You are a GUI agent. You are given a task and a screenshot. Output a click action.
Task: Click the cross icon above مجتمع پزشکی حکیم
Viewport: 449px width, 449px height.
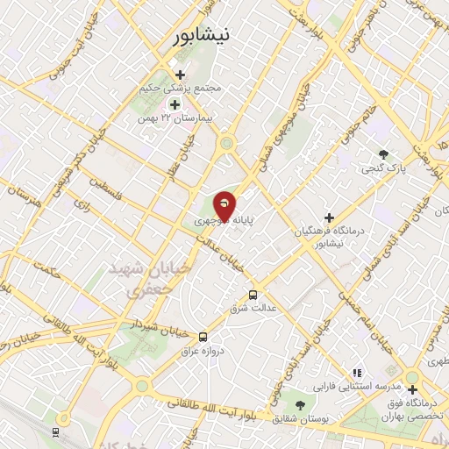(181, 75)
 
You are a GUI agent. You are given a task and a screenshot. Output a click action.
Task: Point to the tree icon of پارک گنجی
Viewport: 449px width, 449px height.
(383, 154)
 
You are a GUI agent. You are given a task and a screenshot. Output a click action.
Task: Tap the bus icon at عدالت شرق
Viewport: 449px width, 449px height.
(253, 295)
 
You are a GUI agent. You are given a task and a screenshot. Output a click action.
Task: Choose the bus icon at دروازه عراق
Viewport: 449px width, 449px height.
(203, 336)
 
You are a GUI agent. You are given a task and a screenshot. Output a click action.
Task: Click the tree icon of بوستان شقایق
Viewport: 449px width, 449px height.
(301, 405)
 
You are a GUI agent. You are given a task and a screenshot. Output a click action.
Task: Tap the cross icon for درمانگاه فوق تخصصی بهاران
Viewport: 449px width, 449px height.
(412, 388)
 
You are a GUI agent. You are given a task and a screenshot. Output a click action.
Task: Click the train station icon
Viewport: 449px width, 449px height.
(56, 431)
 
